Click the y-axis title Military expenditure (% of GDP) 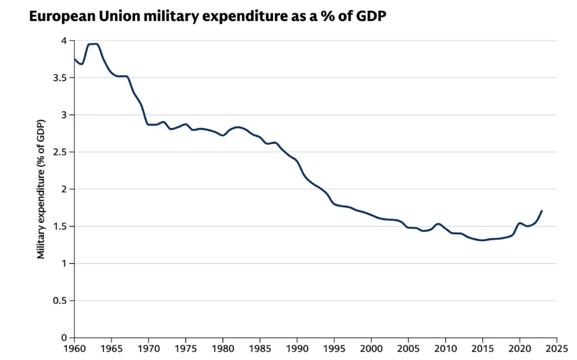(x=41, y=189)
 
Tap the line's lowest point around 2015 (x=482, y=240)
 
